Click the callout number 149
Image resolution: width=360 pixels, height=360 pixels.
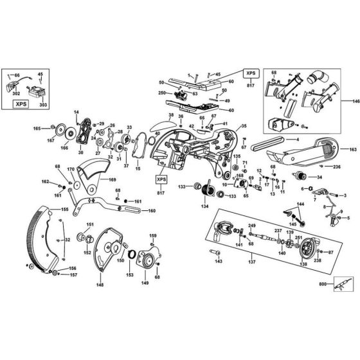(145, 282)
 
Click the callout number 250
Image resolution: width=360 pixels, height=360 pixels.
(161, 93)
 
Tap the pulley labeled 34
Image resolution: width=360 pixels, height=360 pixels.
(299, 176)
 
